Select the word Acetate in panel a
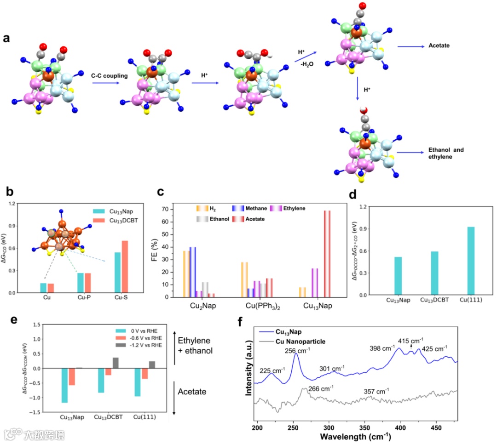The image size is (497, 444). click(439, 46)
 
